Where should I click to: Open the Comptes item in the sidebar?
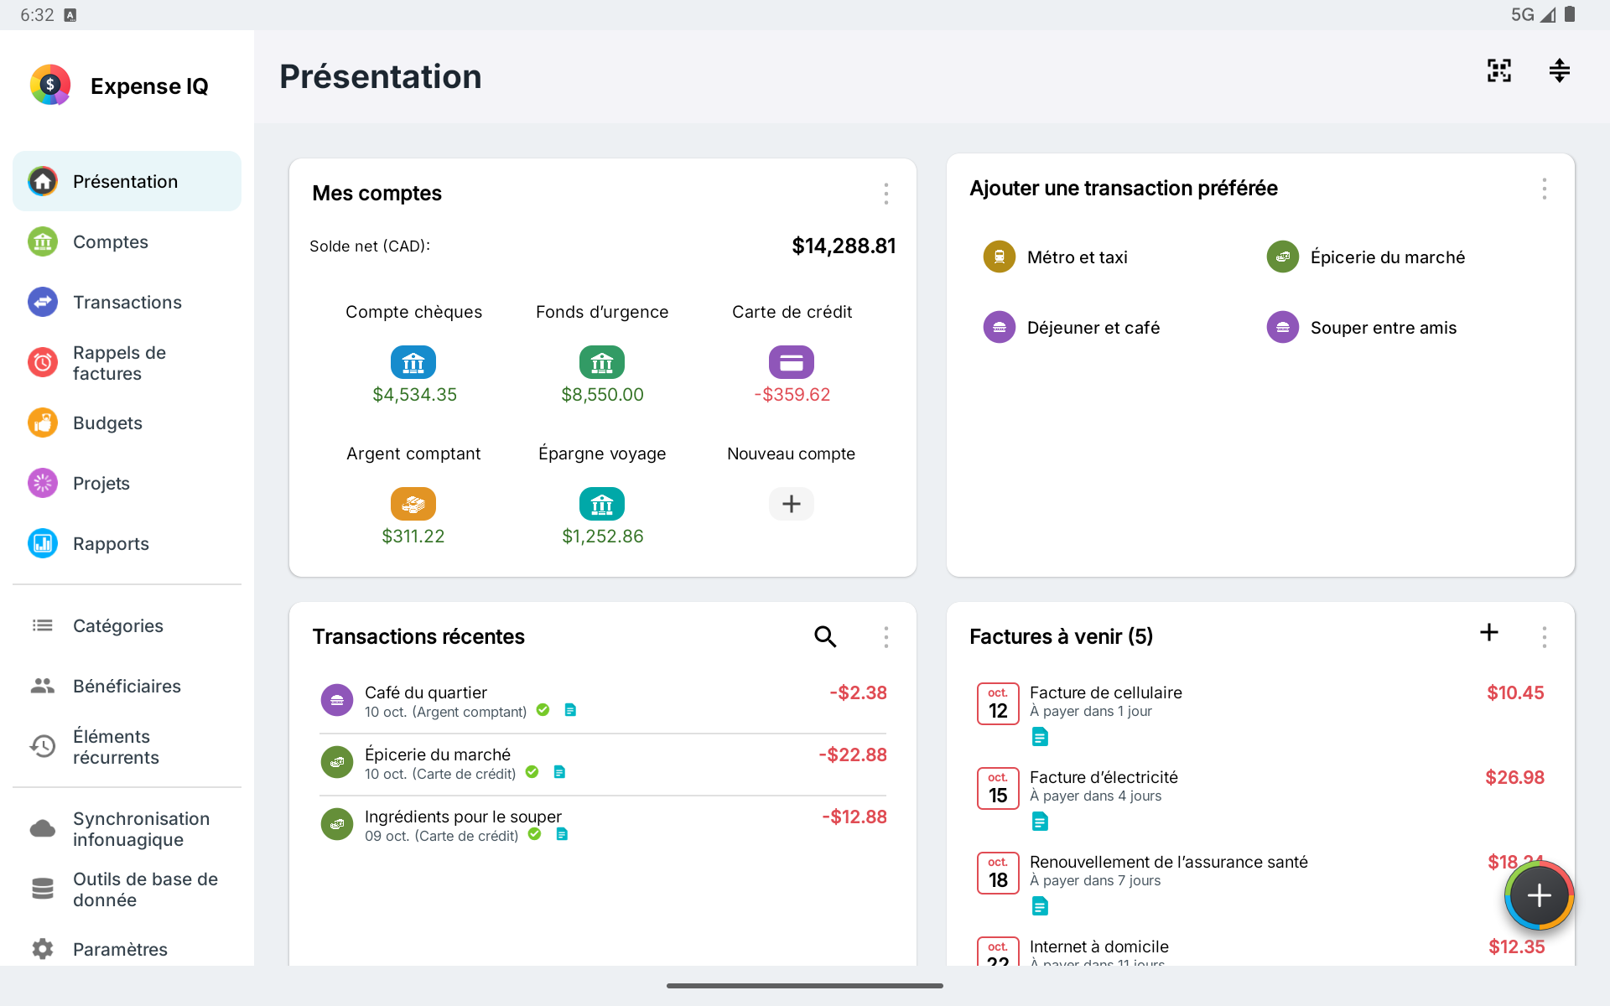pos(110,242)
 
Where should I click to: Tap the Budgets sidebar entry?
pos(107,423)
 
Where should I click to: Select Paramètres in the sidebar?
pos(120,949)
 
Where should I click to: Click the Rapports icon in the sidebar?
pos(43,543)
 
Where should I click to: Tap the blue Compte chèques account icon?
pos(413,362)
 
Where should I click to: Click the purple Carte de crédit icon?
pos(792,362)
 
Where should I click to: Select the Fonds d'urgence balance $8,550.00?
pos(602,395)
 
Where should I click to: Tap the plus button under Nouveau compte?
pos(792,504)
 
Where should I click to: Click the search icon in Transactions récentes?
pos(825,637)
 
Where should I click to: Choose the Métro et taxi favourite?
pos(1055,257)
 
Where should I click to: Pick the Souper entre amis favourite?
pos(1361,328)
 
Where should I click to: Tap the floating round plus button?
pos(1539,896)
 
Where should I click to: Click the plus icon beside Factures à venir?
pos(1489,632)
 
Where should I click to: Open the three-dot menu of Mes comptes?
pos(885,194)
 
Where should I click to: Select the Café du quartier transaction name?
pos(426,692)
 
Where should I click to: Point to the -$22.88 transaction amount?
pos(853,754)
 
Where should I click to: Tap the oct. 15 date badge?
pos(998,788)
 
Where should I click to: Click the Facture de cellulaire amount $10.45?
pos(1515,692)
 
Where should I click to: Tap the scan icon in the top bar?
pos(1499,70)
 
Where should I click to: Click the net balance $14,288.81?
pos(844,246)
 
